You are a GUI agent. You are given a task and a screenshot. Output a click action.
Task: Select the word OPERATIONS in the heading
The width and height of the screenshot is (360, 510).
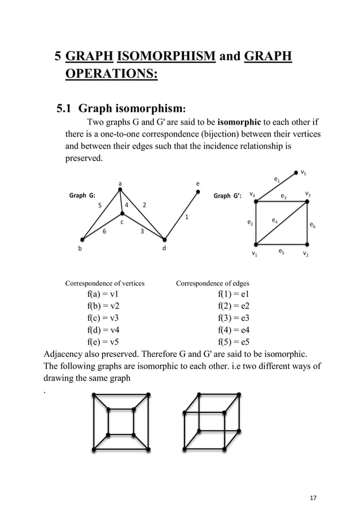pyautogui.click(x=111, y=75)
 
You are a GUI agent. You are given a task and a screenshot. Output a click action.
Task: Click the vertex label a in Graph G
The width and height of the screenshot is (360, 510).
pyautogui.click(x=120, y=183)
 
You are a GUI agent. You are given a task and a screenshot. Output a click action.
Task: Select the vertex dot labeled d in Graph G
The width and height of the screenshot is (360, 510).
pyautogui.click(x=164, y=239)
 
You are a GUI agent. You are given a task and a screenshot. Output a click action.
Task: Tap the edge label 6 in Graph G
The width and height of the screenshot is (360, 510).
pyautogui.click(x=104, y=230)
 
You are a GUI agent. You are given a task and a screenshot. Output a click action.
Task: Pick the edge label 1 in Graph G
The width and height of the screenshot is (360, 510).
pyautogui.click(x=187, y=217)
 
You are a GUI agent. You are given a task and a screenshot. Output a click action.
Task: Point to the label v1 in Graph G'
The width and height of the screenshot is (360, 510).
pyautogui.click(x=254, y=254)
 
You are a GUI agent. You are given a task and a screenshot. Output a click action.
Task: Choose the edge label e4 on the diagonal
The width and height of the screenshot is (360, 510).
pyautogui.click(x=274, y=220)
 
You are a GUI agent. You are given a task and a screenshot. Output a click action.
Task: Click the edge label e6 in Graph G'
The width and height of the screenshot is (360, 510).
pyautogui.click(x=313, y=225)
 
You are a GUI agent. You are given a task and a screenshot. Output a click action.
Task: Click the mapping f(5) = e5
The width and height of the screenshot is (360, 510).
pyautogui.click(x=234, y=342)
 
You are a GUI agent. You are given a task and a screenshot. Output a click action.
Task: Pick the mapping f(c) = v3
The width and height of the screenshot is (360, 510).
pyautogui.click(x=103, y=318)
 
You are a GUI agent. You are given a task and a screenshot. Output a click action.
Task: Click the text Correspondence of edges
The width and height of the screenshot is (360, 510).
pyautogui.click(x=212, y=283)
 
